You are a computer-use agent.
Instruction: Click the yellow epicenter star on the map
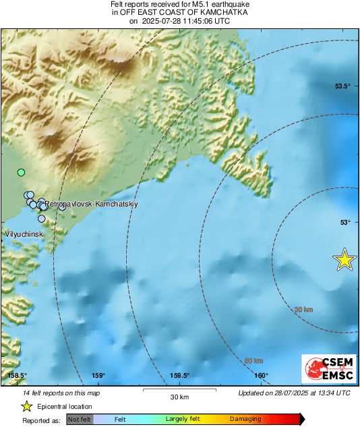(x=345, y=260)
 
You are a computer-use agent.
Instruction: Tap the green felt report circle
(x=21, y=173)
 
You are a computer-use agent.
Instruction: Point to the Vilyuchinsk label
(x=24, y=234)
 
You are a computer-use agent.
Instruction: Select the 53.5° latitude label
(x=343, y=86)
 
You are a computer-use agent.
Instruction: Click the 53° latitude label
(x=344, y=222)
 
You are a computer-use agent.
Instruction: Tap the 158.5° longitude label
(x=17, y=376)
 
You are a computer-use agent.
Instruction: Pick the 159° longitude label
(x=98, y=376)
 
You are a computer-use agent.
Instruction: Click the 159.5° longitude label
(x=179, y=376)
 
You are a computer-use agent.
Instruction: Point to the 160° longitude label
(x=262, y=376)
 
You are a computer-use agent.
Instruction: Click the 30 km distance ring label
(x=305, y=309)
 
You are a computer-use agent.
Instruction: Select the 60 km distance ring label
(x=253, y=361)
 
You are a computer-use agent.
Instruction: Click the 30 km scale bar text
(x=179, y=395)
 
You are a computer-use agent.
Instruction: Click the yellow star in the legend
(x=26, y=406)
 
